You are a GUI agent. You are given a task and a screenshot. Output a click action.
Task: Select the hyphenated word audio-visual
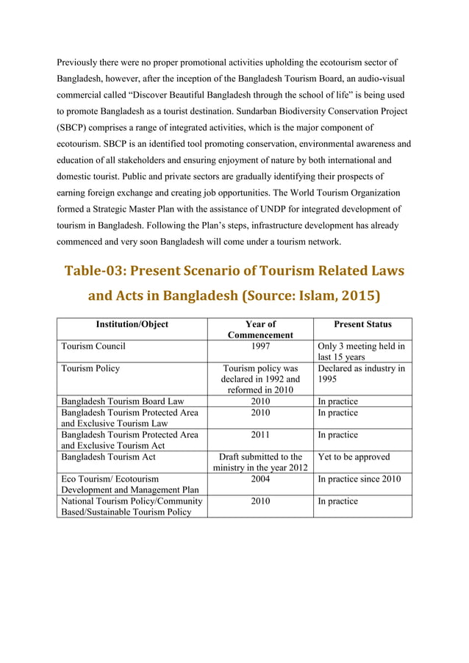click(374, 79)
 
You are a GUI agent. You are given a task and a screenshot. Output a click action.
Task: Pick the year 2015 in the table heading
click(357, 296)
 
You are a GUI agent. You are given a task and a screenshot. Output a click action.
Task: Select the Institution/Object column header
click(132, 324)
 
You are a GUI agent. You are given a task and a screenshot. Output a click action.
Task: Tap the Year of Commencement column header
click(260, 329)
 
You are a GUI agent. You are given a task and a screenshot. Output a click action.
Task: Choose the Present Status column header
click(362, 324)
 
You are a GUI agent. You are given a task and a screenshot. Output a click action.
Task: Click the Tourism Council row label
click(93, 346)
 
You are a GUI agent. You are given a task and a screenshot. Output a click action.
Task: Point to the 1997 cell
click(260, 346)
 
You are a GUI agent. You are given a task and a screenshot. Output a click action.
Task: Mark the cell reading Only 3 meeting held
click(361, 351)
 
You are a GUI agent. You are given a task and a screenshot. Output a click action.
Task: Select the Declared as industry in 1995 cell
click(361, 374)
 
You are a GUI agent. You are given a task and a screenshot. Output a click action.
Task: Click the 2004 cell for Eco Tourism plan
click(260, 479)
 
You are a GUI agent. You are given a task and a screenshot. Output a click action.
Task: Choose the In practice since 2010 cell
click(359, 479)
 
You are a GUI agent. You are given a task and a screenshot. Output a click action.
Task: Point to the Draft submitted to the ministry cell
click(260, 462)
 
